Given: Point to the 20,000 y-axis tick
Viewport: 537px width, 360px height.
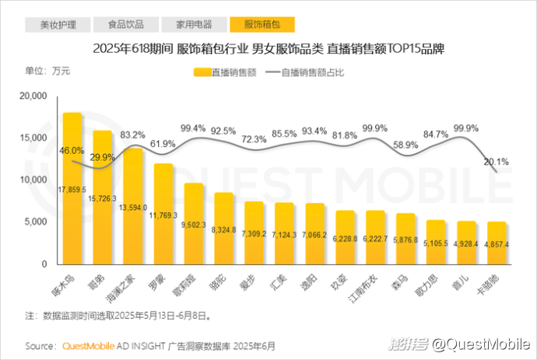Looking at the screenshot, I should pos(33,96).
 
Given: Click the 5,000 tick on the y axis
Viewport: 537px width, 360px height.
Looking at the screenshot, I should pos(37,222).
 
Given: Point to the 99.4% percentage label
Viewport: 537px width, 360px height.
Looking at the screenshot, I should pos(193,128).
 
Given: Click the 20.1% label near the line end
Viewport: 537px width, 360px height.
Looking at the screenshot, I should pos(495,162).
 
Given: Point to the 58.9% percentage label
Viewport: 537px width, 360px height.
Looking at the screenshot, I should pos(405,145).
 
